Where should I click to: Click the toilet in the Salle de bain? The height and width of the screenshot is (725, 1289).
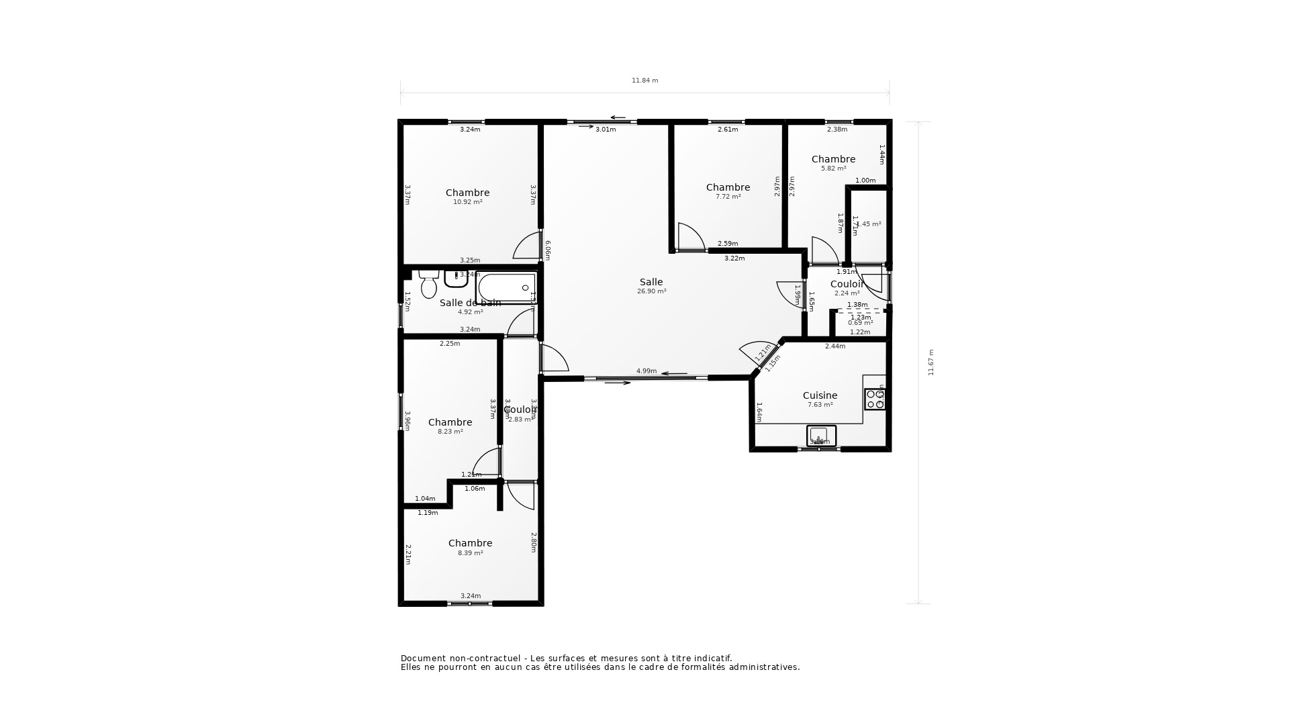pos(428,286)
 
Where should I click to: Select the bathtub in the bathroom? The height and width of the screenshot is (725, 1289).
pos(506,288)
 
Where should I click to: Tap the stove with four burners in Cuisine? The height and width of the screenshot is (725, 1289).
pos(875,399)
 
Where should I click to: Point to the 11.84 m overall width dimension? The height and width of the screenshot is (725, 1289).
pos(644,81)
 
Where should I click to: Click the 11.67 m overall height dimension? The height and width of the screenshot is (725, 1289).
pos(931,362)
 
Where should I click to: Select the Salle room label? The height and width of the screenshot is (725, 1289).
pos(651,283)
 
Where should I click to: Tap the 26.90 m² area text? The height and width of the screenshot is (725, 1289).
pos(651,292)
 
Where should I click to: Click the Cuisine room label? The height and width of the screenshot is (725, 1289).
pos(820,396)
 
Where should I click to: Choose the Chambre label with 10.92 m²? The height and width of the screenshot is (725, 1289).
pos(467,193)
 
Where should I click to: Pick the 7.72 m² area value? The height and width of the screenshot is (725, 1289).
pos(728,197)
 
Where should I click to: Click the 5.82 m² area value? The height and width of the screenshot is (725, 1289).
pos(833,169)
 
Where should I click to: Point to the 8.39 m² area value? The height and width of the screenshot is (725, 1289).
pos(470,553)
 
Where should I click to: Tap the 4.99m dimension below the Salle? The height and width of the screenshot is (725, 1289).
pos(646,371)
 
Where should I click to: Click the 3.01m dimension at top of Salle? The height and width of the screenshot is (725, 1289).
pos(605,130)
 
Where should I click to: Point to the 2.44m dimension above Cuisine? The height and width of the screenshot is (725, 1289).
pos(834,346)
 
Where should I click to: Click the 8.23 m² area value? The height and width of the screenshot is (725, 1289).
pos(450,432)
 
